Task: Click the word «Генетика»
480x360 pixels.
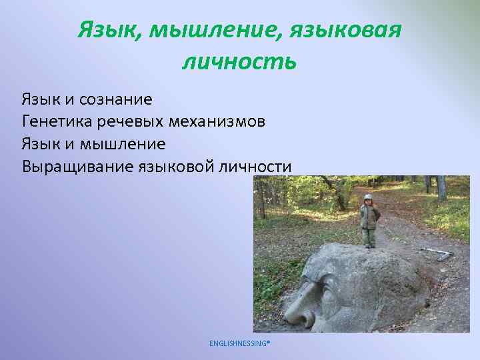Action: tap(53, 122)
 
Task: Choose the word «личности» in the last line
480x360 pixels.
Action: tap(255, 166)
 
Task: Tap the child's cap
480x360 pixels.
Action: tap(367, 197)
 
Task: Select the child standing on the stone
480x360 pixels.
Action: tap(369, 221)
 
